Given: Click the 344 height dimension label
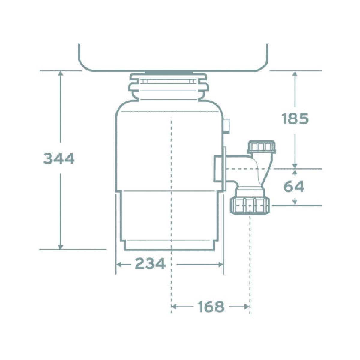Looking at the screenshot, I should [59, 159].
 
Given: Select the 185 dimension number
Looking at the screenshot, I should [295, 119].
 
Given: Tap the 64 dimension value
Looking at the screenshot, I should [294, 187].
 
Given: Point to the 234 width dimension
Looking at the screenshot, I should [150, 264].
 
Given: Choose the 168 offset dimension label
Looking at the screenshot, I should [211, 307].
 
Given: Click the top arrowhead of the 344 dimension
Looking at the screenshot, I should [61, 73].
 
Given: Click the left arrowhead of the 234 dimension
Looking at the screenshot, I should [118, 264].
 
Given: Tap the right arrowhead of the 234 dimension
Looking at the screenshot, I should [221, 264].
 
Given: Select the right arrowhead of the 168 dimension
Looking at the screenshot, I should [247, 307].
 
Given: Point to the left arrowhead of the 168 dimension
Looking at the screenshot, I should [174, 307].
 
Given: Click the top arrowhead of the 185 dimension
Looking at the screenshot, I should [295, 73].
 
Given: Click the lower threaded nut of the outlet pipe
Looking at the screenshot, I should [250, 206].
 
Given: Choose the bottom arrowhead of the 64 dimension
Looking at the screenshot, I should [295, 202].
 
